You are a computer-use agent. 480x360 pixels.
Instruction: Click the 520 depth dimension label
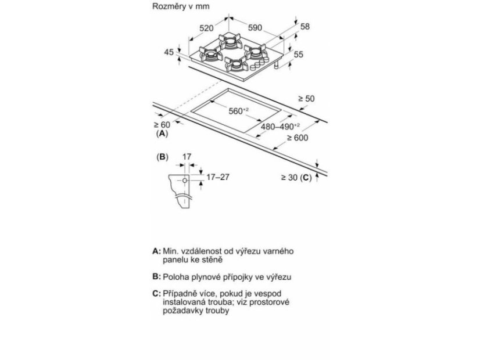point(206,28)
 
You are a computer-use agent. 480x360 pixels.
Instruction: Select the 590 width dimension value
point(255,28)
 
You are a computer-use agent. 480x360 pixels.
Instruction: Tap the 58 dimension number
point(305,27)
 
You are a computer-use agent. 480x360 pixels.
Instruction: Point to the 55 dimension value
point(299,55)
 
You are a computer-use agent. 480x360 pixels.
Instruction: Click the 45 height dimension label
point(169,52)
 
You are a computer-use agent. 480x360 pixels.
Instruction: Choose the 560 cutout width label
point(238,111)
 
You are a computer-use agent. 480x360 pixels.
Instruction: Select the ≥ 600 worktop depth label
point(298,138)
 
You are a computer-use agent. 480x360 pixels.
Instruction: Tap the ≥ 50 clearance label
point(306,99)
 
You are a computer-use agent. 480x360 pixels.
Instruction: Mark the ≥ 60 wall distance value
point(162,125)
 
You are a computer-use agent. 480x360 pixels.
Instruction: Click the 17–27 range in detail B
point(218,177)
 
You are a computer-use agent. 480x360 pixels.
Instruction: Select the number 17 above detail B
point(187,157)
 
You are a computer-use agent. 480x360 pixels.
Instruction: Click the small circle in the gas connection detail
point(185,181)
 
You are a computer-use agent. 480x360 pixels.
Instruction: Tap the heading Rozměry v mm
point(181,6)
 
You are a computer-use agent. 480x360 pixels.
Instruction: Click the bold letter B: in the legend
point(156,276)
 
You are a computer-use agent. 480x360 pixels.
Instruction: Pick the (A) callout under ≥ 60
point(162,134)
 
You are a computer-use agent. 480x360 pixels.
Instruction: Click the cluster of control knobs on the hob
point(260,63)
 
